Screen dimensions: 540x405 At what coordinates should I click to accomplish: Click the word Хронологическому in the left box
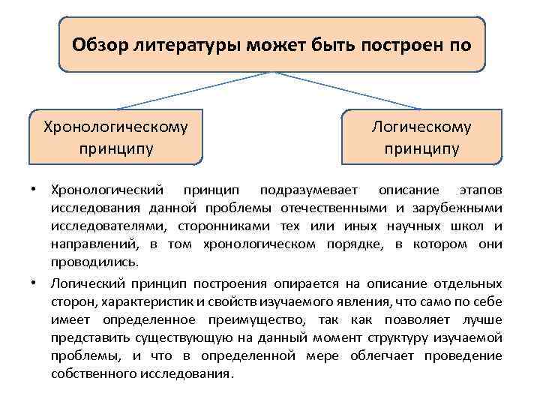pos(115,127)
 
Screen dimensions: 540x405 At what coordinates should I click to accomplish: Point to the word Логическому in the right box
pos(422,127)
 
